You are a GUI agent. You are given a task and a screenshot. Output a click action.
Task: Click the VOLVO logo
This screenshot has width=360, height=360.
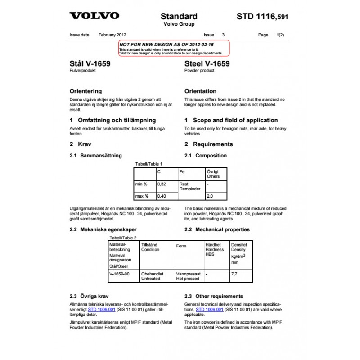click(94, 16)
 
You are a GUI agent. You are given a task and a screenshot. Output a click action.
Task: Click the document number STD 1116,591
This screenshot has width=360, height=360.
click(262, 17)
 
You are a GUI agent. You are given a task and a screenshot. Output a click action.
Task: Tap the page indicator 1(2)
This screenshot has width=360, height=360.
click(280, 35)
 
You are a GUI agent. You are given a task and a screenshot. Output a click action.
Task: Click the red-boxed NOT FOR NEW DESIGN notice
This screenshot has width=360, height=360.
click(174, 48)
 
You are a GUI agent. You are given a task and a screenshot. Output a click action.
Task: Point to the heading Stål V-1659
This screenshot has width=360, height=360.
click(90, 64)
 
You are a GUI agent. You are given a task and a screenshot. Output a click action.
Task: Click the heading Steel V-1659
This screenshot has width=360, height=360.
click(207, 64)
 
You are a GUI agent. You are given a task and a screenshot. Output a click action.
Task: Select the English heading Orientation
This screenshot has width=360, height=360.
click(200, 91)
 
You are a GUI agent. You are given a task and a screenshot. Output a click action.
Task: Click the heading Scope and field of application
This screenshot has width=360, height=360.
click(231, 120)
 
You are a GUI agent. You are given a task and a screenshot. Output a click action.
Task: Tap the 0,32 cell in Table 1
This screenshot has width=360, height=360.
click(161, 184)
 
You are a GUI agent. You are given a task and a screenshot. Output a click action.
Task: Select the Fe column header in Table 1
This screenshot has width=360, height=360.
click(182, 172)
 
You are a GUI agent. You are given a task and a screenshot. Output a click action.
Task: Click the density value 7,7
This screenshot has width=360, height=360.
click(234, 273)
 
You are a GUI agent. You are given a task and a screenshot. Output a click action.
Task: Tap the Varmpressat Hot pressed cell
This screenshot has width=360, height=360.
click(188, 276)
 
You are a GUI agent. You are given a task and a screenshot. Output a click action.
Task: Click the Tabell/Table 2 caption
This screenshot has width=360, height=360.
click(123, 238)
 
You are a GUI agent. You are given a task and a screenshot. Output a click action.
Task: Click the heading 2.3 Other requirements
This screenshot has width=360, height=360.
click(214, 296)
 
